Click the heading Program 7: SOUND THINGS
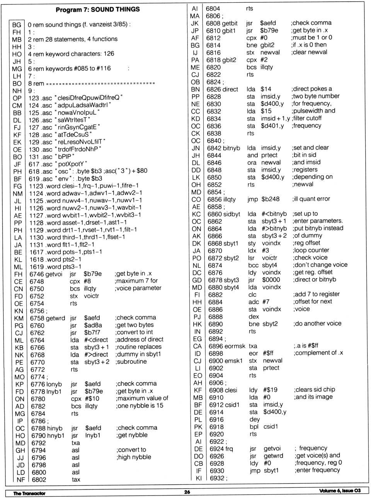[97, 10]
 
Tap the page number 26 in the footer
[187, 492]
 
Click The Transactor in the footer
[29, 493]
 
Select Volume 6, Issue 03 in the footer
[340, 491]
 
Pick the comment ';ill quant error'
[311, 199]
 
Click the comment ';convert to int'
[134, 332]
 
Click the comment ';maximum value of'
[142, 398]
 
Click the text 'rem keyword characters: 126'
[73, 54]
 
